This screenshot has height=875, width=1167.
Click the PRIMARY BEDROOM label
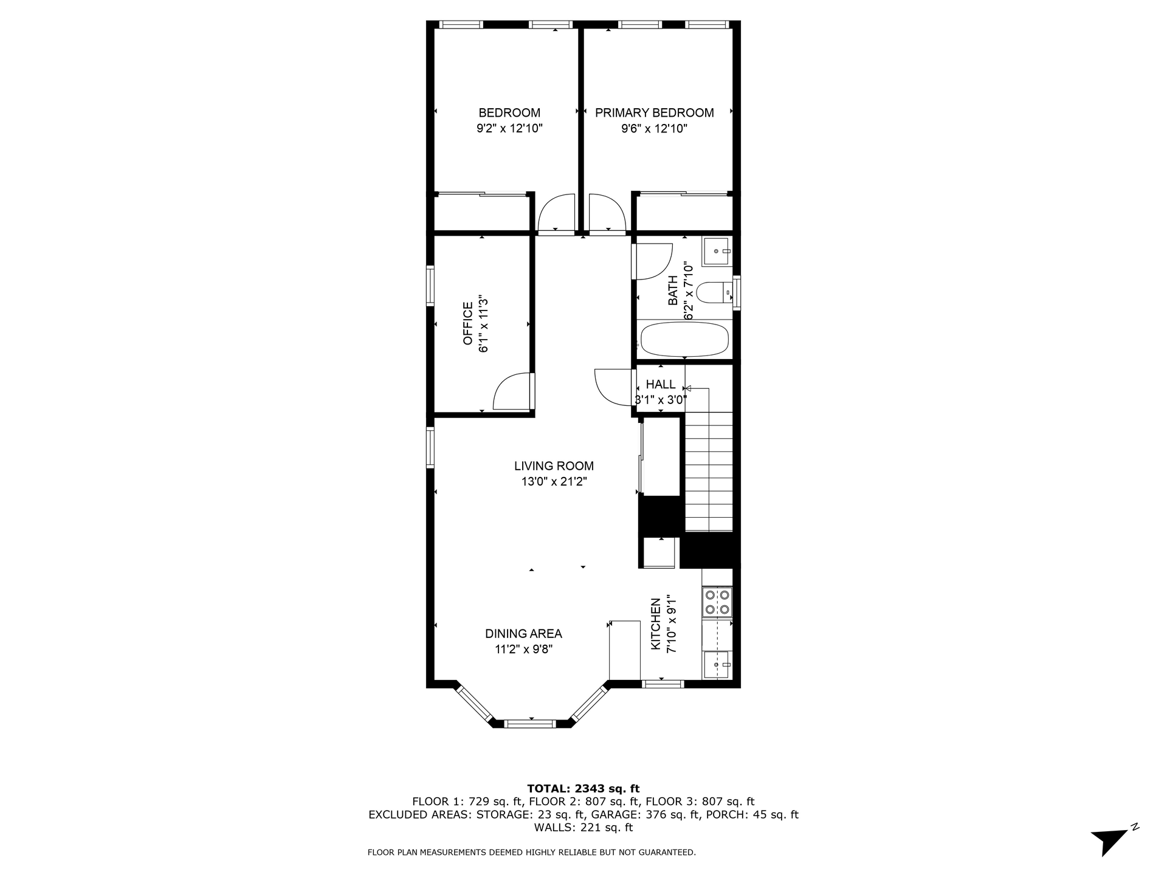[654, 113]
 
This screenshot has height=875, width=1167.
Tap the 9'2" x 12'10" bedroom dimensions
[509, 129]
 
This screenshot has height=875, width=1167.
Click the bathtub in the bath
[684, 340]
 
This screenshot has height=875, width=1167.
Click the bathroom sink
[717, 252]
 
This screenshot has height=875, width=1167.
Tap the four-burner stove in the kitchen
[717, 602]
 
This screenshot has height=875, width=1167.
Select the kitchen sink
[717, 665]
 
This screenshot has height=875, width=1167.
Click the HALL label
[660, 385]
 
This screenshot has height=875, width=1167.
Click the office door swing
[511, 392]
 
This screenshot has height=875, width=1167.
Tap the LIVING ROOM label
[554, 466]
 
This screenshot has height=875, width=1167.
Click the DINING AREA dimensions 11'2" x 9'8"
[523, 650]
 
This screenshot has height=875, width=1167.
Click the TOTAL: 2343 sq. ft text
[583, 789]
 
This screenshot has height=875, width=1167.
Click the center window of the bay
[531, 723]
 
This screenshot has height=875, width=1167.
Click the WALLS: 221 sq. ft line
[583, 828]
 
